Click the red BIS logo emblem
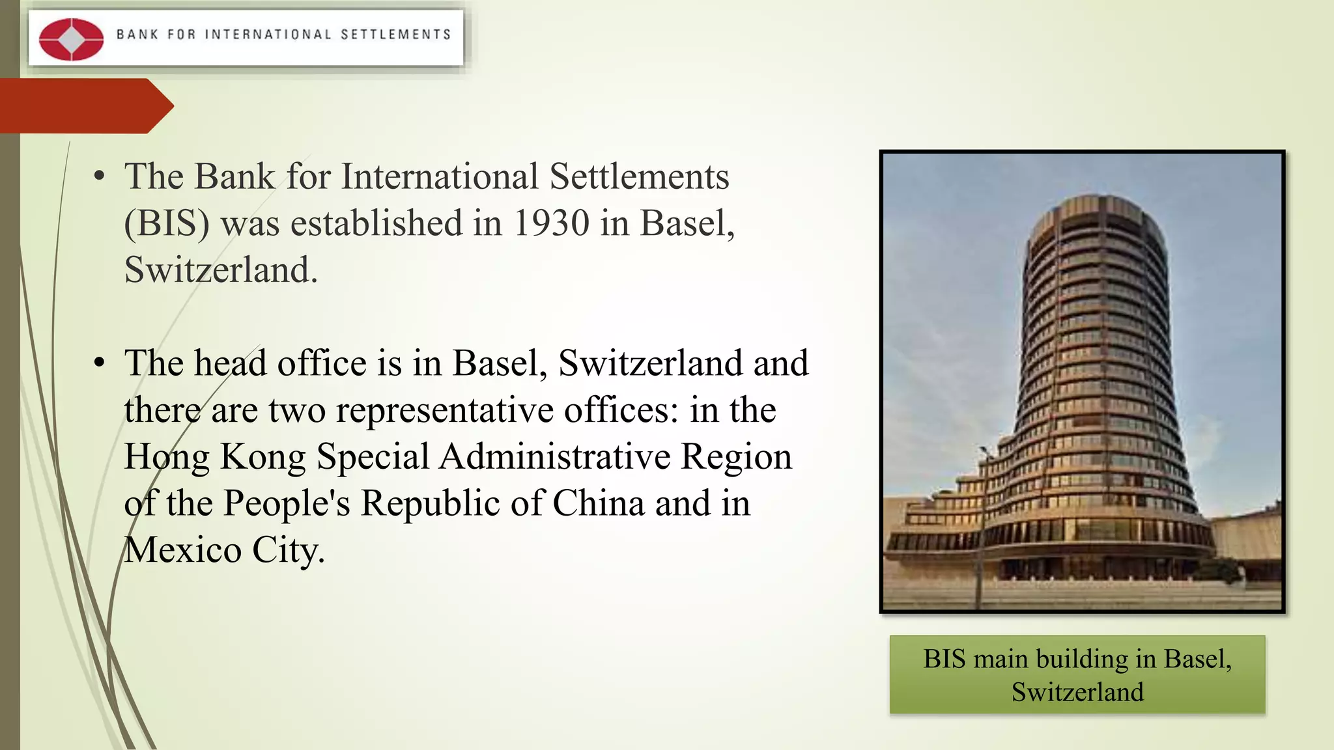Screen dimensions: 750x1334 click(71, 39)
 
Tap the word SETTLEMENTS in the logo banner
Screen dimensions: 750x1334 click(395, 35)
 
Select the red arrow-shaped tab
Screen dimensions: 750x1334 click(85, 105)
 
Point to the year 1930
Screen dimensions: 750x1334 click(551, 223)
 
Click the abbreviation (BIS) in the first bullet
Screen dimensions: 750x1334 click(167, 223)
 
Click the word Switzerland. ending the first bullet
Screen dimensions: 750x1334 click(221, 270)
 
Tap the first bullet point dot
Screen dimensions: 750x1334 click(99, 176)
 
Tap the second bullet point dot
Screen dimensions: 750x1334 click(99, 363)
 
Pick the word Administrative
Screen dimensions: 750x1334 click(555, 457)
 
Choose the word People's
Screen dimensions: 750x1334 click(287, 504)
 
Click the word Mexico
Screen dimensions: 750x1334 click(182, 551)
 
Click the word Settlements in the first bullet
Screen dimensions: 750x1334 click(639, 176)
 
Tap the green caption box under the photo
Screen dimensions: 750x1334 click(1077, 674)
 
